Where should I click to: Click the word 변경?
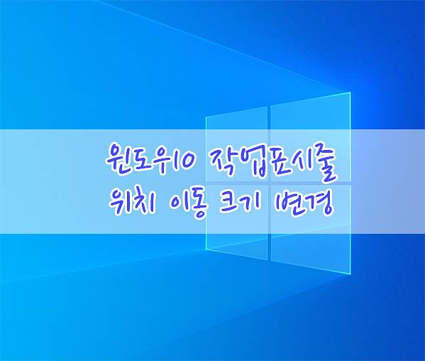click(303, 204)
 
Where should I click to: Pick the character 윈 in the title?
click(116, 158)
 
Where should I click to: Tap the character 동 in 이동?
click(194, 205)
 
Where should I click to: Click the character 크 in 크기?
click(230, 202)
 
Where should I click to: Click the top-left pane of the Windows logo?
click(236, 144)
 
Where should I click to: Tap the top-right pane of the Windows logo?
click(311, 137)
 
